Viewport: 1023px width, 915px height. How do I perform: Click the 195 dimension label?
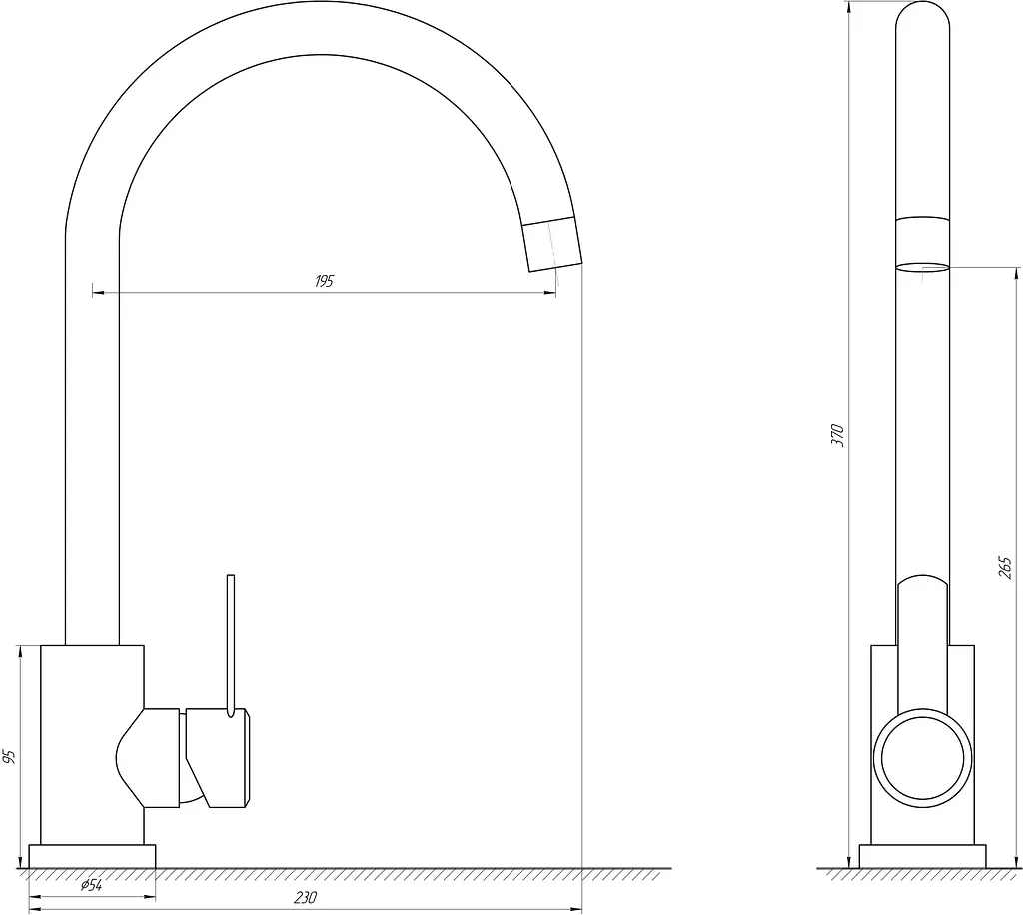point(325,281)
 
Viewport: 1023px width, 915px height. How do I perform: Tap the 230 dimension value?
point(305,898)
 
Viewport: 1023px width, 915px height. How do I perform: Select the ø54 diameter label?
point(91,886)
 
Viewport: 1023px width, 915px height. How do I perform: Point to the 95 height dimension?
point(8,757)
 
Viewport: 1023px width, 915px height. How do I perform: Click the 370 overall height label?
point(838,435)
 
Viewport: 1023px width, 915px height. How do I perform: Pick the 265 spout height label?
point(1005,568)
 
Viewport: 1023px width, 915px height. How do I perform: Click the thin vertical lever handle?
point(231,646)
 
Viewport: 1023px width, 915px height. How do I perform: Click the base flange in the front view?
point(92,856)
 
